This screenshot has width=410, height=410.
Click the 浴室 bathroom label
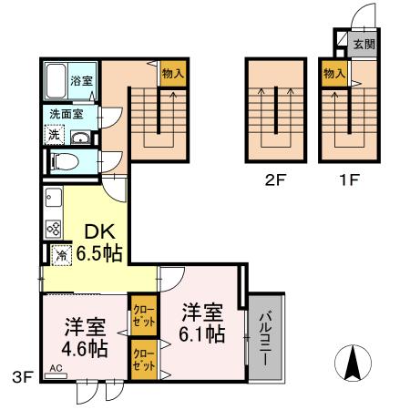[83, 81]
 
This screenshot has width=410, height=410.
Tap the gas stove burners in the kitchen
[53, 228]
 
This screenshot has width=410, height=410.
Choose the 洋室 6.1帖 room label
[202, 323]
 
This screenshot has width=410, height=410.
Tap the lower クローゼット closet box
[143, 356]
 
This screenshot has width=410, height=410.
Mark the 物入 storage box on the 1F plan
[333, 73]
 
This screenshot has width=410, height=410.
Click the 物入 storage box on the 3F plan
[171, 73]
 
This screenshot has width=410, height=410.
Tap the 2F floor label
[273, 179]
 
